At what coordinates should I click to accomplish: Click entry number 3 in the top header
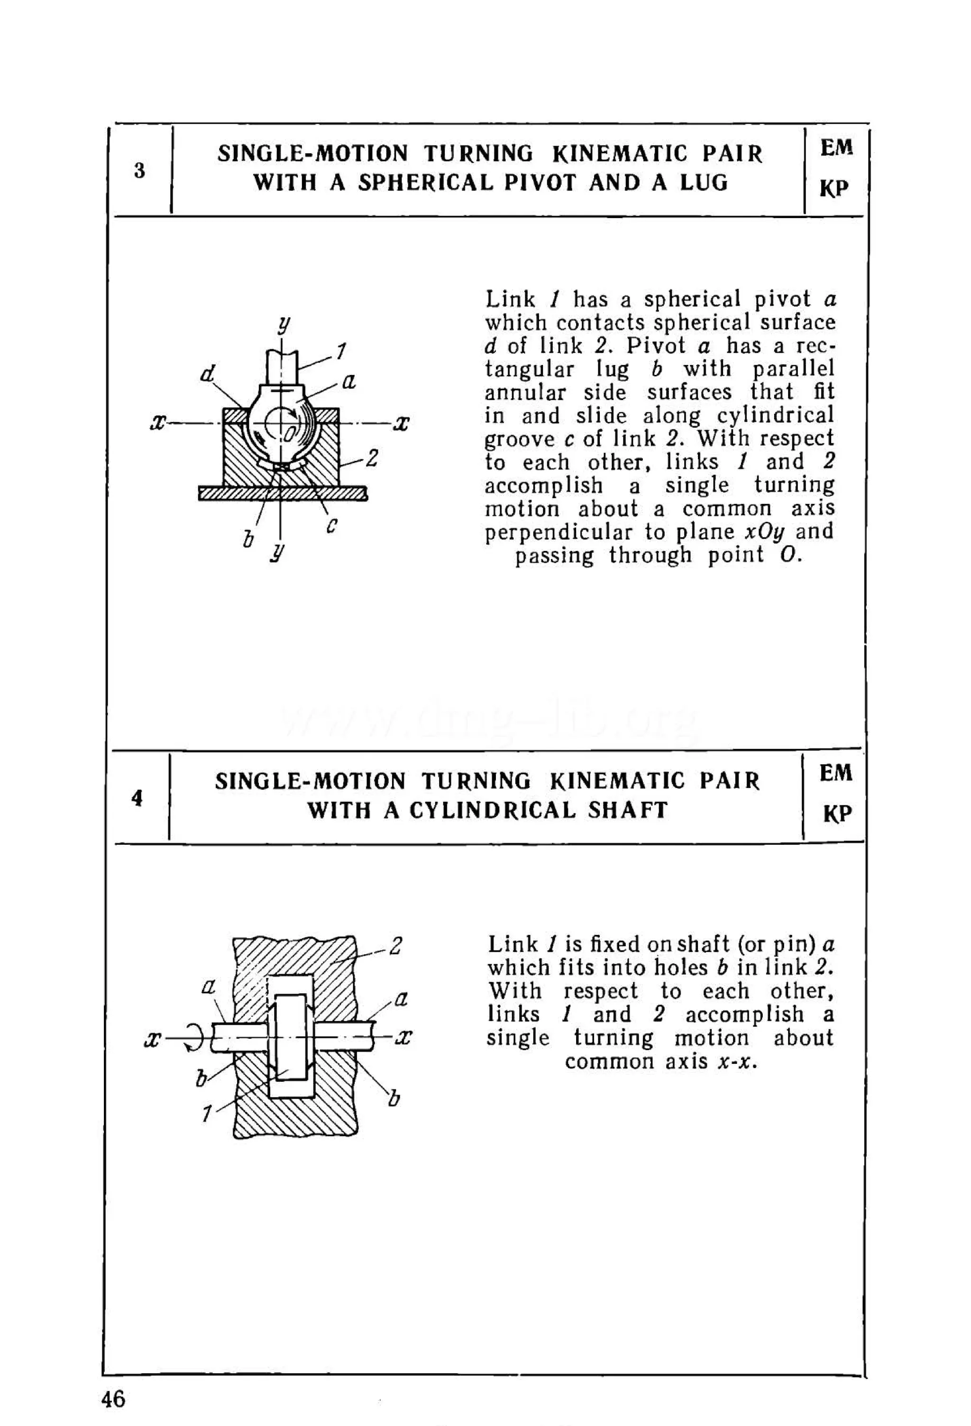tap(139, 171)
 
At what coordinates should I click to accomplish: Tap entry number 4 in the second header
tap(137, 798)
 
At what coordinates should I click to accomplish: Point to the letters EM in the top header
tap(836, 148)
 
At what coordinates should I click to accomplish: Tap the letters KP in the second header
tap(837, 814)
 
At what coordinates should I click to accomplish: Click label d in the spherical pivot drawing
tap(209, 373)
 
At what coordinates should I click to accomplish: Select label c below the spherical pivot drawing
tap(332, 525)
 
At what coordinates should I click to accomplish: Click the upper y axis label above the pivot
tap(284, 323)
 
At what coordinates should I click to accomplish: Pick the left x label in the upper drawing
tap(158, 423)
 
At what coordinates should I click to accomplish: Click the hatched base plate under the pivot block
tap(282, 493)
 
